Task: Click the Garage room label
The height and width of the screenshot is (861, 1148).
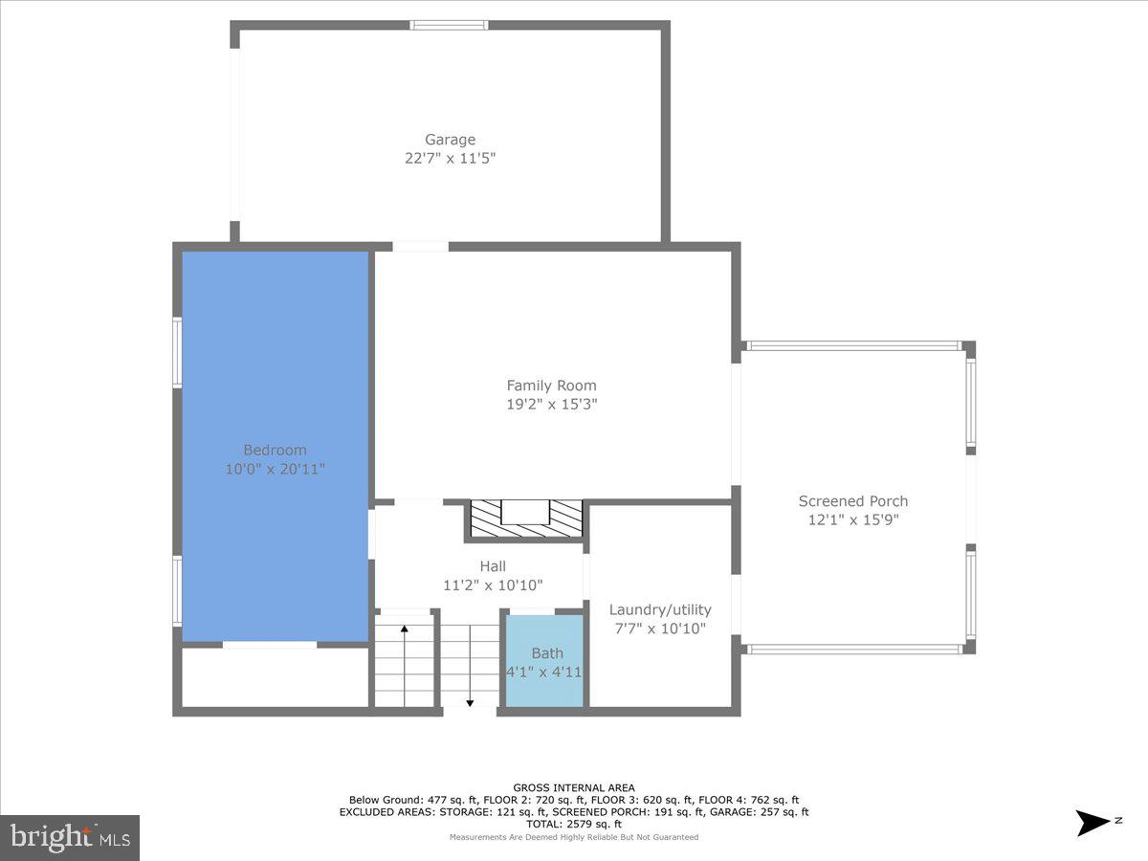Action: (450, 140)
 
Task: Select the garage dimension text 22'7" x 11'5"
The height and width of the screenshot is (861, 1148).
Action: (450, 158)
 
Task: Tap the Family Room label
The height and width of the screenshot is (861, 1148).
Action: (551, 386)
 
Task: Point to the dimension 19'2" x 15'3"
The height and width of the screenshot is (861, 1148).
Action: (551, 404)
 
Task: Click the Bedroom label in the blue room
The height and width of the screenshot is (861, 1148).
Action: (275, 451)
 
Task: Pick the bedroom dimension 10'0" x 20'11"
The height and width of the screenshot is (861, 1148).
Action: (275, 469)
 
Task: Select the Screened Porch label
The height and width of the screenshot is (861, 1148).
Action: (853, 501)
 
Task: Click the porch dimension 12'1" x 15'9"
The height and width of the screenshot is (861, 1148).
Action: (853, 519)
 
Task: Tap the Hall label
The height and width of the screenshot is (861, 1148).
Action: (493, 566)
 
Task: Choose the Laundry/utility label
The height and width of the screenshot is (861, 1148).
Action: (660, 610)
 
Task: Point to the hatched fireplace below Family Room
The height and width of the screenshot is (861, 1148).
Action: (525, 519)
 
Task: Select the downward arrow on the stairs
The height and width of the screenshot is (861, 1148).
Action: (471, 702)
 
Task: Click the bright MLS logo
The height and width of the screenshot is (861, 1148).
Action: (70, 838)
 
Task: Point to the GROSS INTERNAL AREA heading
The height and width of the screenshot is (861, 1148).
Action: (574, 788)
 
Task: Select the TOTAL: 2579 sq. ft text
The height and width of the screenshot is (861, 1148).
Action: (574, 824)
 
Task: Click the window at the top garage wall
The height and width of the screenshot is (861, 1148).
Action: (449, 25)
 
